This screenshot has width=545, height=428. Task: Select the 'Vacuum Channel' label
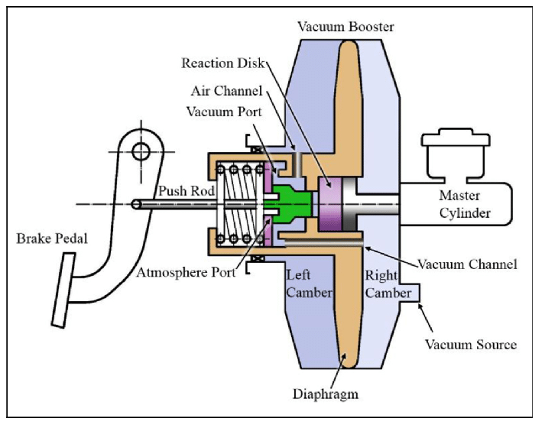point(469,264)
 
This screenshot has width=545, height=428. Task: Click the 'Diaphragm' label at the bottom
point(328,394)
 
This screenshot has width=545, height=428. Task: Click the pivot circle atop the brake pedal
point(141,151)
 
